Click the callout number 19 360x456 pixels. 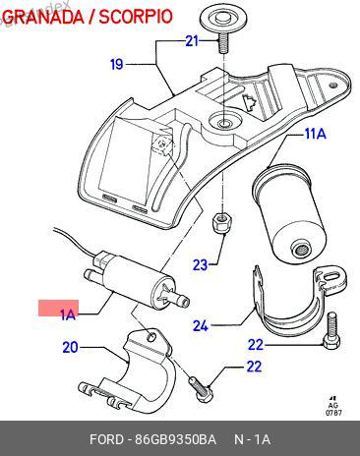(x=116, y=64)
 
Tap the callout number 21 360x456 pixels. (x=192, y=41)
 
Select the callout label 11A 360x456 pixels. (x=316, y=134)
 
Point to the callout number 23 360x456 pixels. (x=200, y=264)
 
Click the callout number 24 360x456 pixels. (x=201, y=326)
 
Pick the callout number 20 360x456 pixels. (x=71, y=347)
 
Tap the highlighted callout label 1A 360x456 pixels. (x=68, y=315)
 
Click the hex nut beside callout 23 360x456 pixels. (x=222, y=223)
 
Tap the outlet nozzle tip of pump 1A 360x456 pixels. (x=186, y=301)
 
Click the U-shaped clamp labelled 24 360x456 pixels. (x=297, y=301)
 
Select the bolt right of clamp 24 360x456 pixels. (x=332, y=331)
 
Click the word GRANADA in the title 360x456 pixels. (x=43, y=17)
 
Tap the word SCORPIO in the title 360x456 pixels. (x=136, y=17)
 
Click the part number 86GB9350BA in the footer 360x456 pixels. (x=176, y=439)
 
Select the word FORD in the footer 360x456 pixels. (x=107, y=439)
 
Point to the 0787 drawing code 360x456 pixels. (x=333, y=413)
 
